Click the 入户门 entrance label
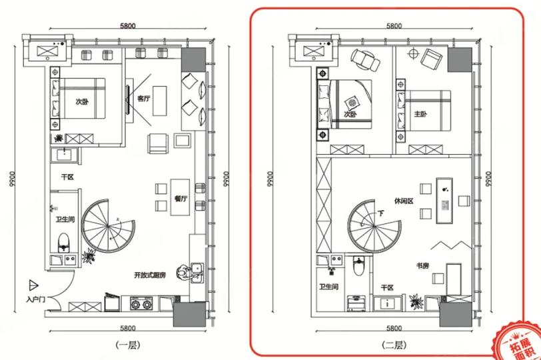tap(35, 299)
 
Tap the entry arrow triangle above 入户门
tap(33, 285)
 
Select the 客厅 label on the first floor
tap(143, 99)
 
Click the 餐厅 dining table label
tap(181, 199)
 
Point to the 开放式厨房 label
tap(150, 275)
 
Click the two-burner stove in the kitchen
tap(141, 304)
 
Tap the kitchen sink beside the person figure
tap(197, 272)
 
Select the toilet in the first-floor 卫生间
tap(63, 242)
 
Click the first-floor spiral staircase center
tap(108, 226)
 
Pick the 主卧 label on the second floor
tap(420, 114)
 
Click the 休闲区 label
tap(404, 201)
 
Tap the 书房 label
tap(422, 265)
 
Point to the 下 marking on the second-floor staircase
tap(380, 213)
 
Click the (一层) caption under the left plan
tap(128, 345)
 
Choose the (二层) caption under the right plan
tap(394, 345)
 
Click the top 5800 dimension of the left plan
tap(128, 25)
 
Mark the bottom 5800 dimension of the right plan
tap(394, 328)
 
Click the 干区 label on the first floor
tap(67, 177)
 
